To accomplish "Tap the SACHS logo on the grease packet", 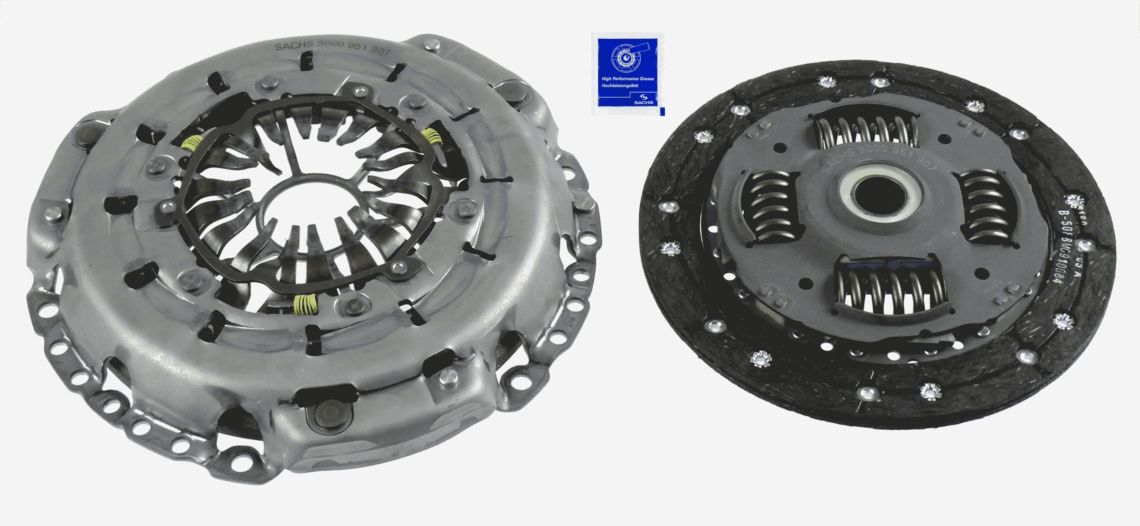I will point(644,99).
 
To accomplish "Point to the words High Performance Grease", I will point(627,79).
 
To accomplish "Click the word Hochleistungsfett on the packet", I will point(621,86).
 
